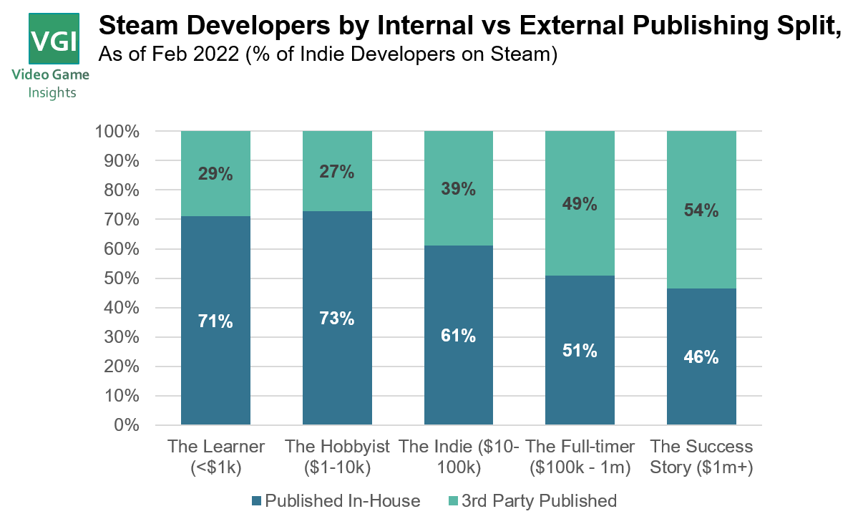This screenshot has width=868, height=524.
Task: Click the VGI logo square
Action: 54,38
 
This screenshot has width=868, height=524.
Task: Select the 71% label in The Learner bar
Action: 215,322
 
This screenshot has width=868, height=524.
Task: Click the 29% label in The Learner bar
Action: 215,174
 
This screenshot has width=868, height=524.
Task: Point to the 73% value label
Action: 337,319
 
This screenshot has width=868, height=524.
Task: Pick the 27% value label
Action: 337,172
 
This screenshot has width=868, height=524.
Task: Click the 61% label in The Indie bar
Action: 458,336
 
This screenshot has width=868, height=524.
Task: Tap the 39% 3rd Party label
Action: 458,189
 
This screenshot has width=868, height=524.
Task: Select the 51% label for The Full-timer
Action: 580,351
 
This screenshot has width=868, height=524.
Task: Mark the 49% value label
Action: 580,204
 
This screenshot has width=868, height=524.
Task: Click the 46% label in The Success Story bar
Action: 701,357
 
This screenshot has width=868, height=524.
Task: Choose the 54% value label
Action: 701,210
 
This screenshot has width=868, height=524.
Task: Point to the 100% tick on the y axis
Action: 117,132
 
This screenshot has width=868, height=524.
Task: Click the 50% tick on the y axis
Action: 120,278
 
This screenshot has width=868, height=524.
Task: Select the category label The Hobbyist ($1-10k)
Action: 337,457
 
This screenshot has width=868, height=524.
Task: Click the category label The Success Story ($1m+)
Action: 701,457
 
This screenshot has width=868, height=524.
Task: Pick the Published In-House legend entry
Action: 336,501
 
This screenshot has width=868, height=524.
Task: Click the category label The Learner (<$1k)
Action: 216,457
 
